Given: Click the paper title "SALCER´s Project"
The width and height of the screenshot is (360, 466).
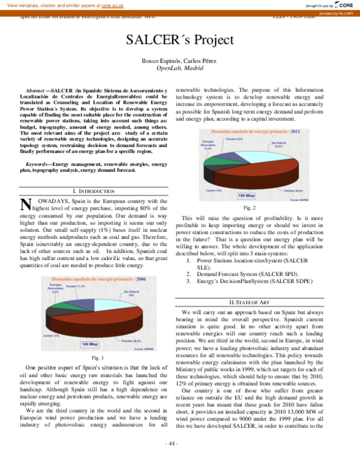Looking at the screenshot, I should tap(179, 40).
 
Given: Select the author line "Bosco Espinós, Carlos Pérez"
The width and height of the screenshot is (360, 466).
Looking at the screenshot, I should tap(179, 62).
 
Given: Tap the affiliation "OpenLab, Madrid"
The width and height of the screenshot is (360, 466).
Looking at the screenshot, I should tap(179, 69).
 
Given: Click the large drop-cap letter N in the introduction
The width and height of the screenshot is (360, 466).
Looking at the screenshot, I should tap(26, 207).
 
